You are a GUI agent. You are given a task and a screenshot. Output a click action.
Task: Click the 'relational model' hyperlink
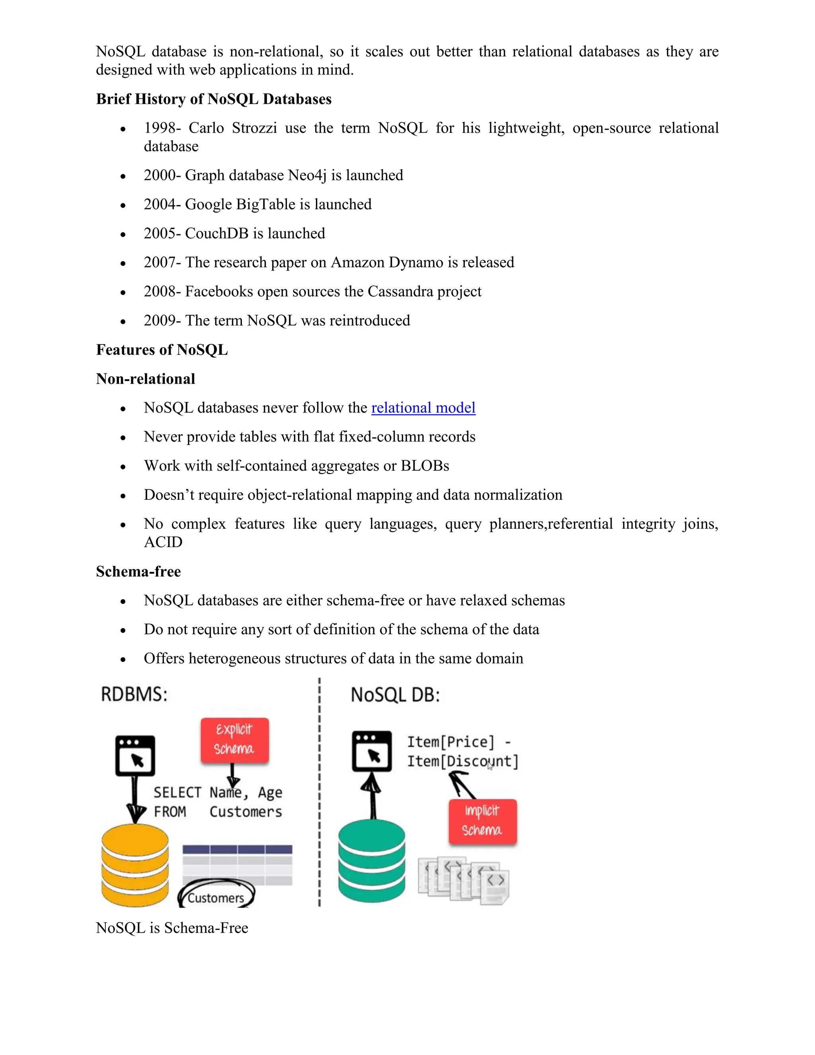click(x=423, y=408)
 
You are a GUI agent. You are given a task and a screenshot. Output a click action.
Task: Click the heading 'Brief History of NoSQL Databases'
click(x=213, y=99)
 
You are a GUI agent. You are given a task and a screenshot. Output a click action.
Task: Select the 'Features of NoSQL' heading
click(x=162, y=350)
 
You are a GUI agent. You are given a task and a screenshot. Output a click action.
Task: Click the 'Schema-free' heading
click(x=138, y=571)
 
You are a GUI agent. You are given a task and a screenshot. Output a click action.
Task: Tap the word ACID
click(x=163, y=542)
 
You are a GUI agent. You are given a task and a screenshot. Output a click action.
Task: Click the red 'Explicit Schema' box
click(x=235, y=740)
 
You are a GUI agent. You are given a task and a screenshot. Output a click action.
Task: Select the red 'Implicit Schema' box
click(x=482, y=821)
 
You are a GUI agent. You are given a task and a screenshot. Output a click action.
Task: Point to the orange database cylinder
click(x=135, y=865)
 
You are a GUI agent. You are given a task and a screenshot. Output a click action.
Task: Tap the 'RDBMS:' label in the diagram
click(x=134, y=695)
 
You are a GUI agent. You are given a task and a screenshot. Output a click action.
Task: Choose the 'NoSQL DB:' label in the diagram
click(x=395, y=695)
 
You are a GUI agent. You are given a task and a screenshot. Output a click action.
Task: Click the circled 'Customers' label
click(x=216, y=897)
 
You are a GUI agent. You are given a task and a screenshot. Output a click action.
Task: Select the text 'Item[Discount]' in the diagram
click(x=462, y=761)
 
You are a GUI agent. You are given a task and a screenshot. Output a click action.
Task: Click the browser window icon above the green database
click(x=371, y=751)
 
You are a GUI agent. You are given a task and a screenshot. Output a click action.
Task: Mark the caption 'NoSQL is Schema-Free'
click(x=172, y=928)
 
